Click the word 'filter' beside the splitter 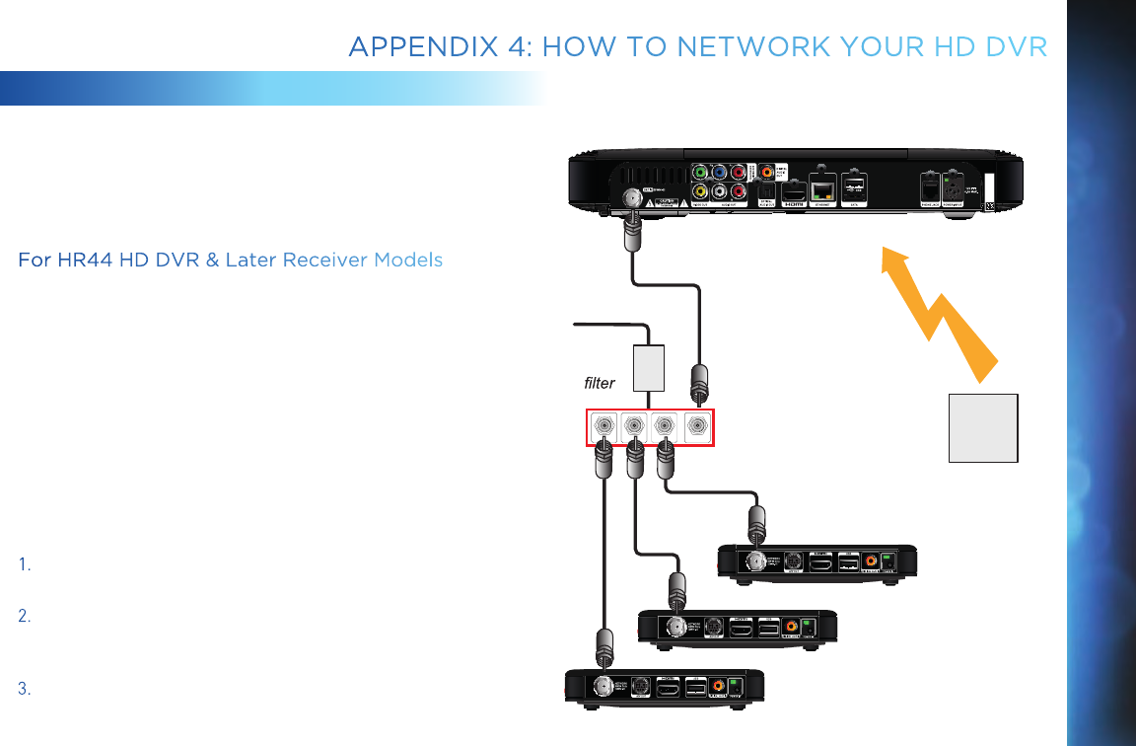coord(599,383)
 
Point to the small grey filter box coord(648,366)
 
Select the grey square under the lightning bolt coord(983,427)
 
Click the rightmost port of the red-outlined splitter coord(696,426)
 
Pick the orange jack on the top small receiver coord(871,560)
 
